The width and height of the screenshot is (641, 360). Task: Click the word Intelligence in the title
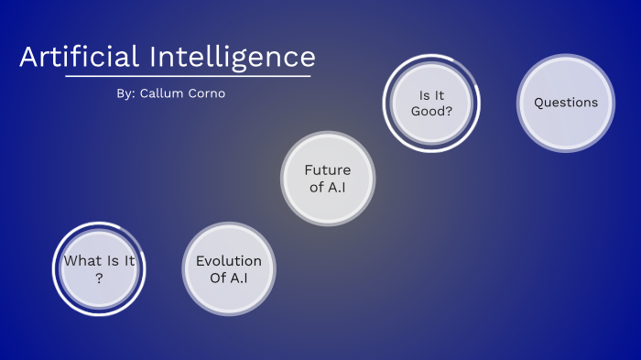pos(232,57)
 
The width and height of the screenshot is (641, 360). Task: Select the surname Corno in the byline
pos(206,94)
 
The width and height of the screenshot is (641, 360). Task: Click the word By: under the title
pos(126,94)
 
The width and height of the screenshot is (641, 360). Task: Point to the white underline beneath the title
pos(188,76)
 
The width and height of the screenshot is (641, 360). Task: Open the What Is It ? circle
pos(99,269)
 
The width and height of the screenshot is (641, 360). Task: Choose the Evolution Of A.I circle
pos(229,269)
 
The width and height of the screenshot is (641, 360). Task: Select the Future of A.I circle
pos(328,179)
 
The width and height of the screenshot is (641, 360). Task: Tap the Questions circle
pos(566,103)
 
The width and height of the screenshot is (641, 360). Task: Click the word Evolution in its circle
pos(229,261)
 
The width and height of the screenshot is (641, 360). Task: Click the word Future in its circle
pos(328,169)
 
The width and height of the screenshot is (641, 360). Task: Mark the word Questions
pos(566,103)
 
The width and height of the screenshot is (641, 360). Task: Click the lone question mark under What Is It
pos(99,278)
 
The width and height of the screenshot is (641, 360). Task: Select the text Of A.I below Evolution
pos(229,278)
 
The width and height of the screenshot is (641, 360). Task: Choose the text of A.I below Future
pos(328,188)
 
